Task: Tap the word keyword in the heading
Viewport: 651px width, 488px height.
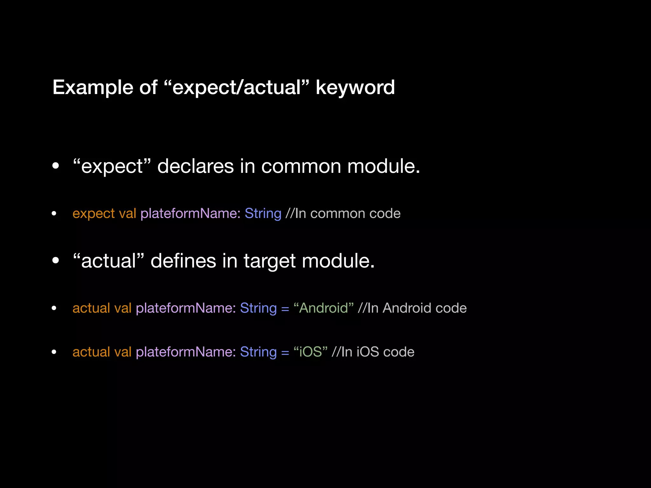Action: (355, 87)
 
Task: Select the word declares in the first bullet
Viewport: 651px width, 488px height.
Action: (195, 166)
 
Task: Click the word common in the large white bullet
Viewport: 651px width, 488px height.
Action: (301, 166)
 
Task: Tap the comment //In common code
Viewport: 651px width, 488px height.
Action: (343, 213)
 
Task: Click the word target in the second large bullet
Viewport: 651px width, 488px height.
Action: (269, 261)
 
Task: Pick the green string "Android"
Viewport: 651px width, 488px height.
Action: (323, 308)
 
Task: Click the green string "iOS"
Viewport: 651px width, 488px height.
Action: (310, 352)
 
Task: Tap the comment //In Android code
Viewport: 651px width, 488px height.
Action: (412, 308)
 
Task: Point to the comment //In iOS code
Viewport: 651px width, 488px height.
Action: (373, 352)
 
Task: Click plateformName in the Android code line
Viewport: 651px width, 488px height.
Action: (186, 308)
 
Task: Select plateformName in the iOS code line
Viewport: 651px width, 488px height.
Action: (186, 352)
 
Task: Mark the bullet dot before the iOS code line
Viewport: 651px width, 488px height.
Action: (54, 352)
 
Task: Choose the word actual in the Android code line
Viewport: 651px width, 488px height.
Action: (91, 308)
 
